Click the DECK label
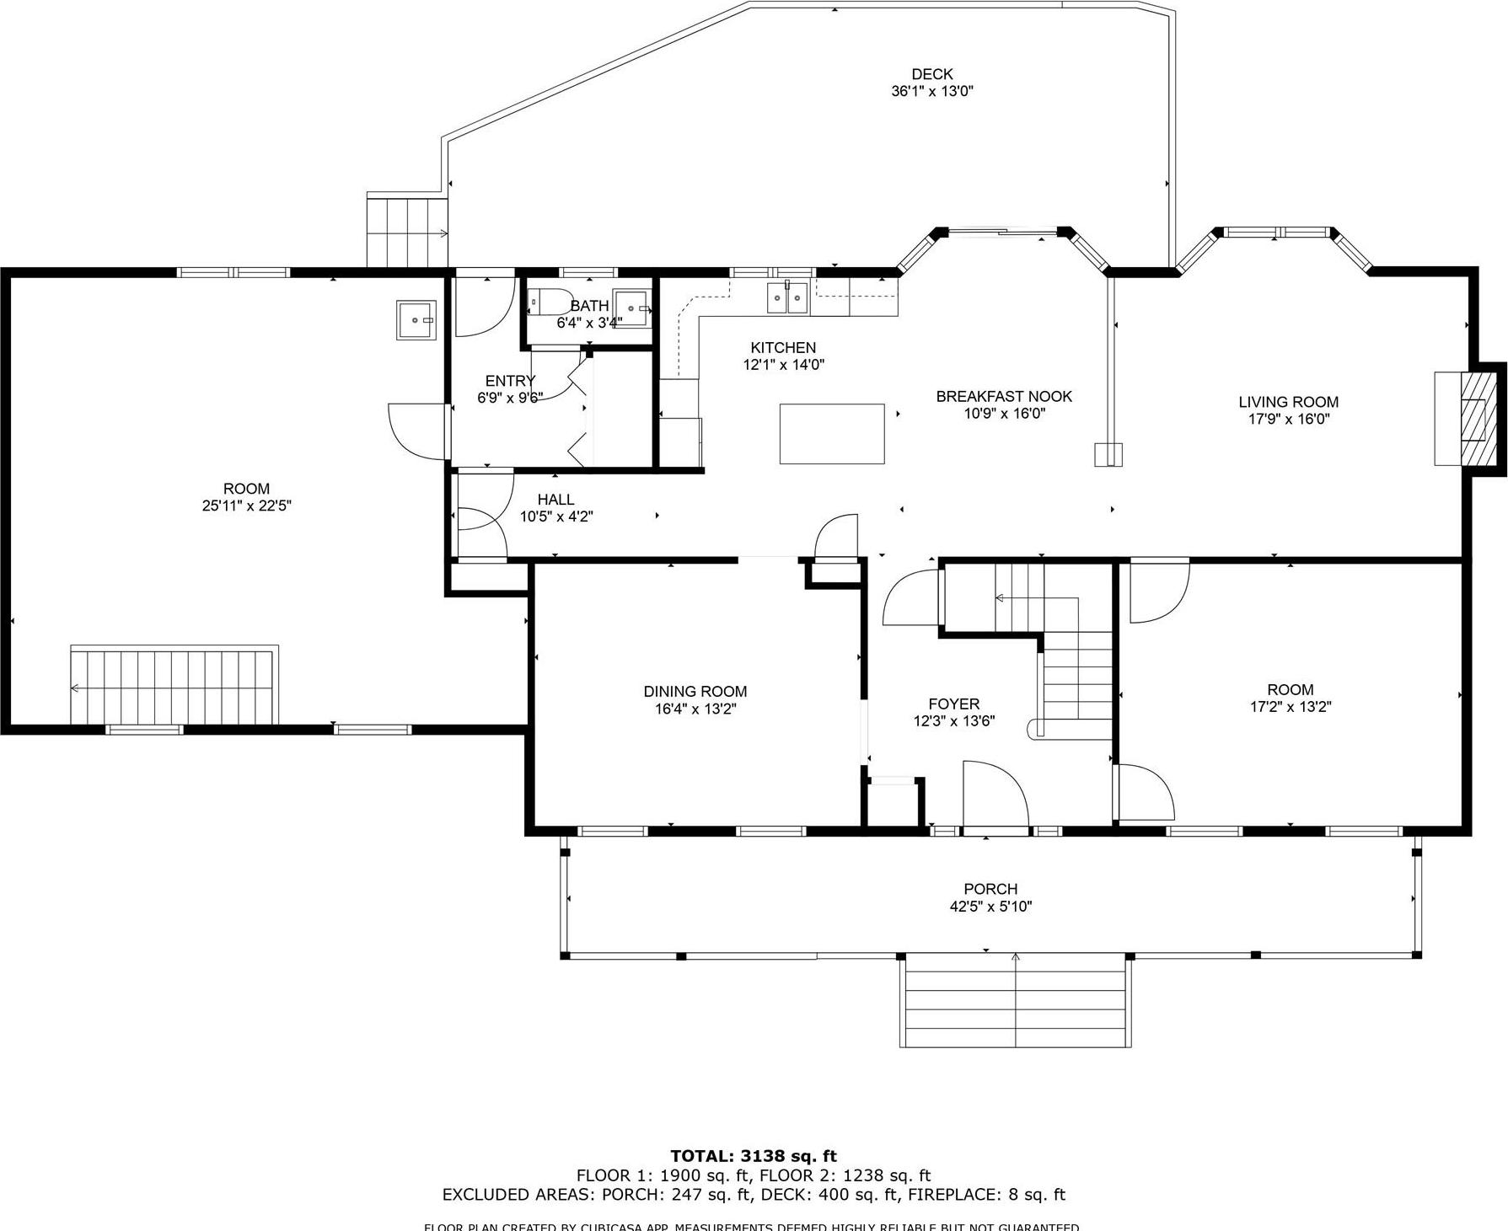coord(931,74)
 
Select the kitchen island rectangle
coord(831,433)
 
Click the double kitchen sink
coord(787,297)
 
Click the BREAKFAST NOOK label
coord(1003,396)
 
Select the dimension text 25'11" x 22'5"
coord(246,506)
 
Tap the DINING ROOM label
coord(695,691)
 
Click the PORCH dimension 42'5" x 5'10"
coord(990,907)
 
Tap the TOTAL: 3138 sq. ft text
coord(753,1156)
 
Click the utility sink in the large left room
coord(416,319)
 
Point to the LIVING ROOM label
coord(1288,402)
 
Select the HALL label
coord(555,500)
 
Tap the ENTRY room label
coord(509,381)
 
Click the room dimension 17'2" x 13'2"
coord(1290,707)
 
